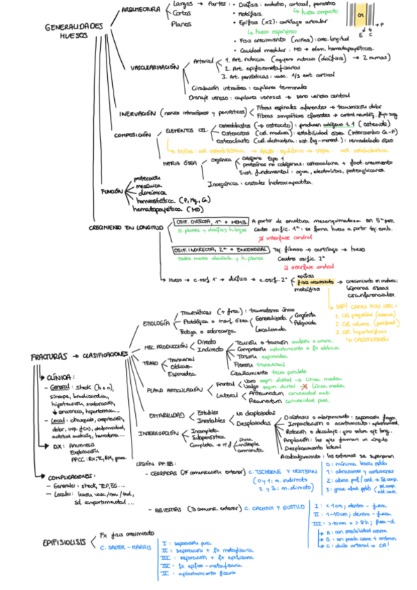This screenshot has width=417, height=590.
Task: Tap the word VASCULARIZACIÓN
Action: click(155, 67)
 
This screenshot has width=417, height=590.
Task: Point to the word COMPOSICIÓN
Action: click(135, 135)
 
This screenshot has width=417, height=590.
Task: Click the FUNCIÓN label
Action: click(111, 190)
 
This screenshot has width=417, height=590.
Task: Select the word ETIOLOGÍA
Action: click(157, 324)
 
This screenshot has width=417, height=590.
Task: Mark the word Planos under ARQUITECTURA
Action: click(182, 23)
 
